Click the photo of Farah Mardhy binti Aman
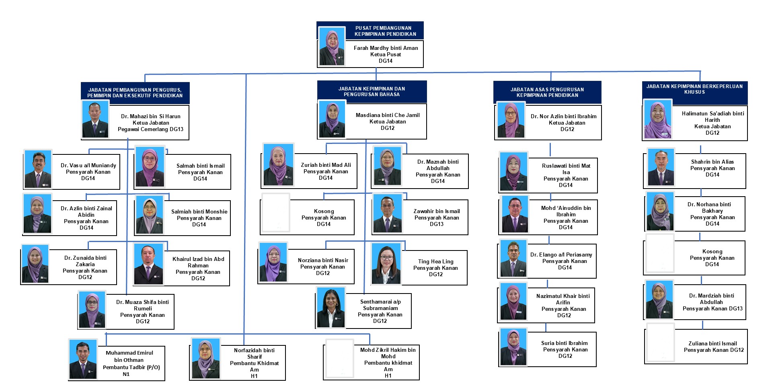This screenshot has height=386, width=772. pos(332,46)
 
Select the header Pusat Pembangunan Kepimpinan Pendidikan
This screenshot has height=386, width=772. pos(385,31)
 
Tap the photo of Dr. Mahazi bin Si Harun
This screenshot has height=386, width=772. pos(95,119)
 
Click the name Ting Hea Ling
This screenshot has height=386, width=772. pos(435,261)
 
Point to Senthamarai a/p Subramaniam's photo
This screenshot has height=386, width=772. pos(331,308)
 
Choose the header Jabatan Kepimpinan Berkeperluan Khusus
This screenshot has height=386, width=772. pos(694,89)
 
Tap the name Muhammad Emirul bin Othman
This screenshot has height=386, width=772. pos(129,356)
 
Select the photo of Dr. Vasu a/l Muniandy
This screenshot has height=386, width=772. pos(38,170)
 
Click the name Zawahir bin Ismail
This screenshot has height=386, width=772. pos(436,211)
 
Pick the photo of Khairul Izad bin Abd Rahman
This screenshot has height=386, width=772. pos(148,264)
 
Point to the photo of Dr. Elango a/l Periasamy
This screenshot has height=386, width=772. pos(513,259)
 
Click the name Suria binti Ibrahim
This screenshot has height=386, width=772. pos(564,343)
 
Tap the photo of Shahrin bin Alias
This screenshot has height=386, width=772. pos(661,168)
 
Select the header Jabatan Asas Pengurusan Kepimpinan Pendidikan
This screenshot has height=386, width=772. pos(547,92)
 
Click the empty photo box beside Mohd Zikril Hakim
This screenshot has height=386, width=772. pos(339,359)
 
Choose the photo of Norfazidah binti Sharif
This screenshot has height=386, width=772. pos(205,358)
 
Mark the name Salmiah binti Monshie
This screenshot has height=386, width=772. pos(199,211)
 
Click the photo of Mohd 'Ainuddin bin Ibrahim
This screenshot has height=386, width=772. pos(514,214)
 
